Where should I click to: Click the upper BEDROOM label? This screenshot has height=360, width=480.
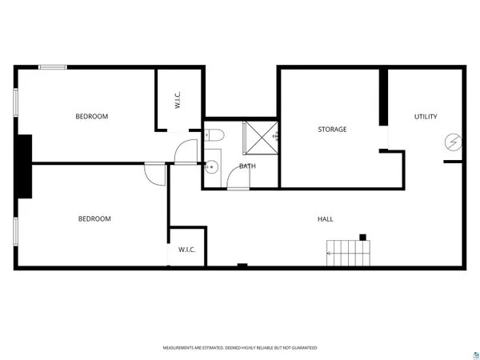91,117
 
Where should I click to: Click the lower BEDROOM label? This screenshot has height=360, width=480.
94,218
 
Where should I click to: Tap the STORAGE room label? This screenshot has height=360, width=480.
332,129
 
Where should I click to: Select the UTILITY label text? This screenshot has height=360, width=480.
425,117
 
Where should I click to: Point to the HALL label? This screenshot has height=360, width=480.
325,218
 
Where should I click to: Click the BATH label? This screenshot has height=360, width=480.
247,166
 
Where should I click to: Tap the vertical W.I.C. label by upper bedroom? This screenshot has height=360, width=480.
178,102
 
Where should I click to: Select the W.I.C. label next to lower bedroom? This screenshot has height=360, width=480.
187,250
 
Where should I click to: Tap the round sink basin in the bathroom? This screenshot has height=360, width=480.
211,167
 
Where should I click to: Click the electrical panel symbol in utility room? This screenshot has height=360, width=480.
454,142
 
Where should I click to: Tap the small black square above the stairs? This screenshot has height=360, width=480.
362,237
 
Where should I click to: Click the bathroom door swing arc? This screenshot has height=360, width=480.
238,181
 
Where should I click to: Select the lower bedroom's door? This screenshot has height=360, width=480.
155,173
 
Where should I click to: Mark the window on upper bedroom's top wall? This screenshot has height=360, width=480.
53,67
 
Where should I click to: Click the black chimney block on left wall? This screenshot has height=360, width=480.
24,166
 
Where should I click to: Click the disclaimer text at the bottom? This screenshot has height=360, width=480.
240,348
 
